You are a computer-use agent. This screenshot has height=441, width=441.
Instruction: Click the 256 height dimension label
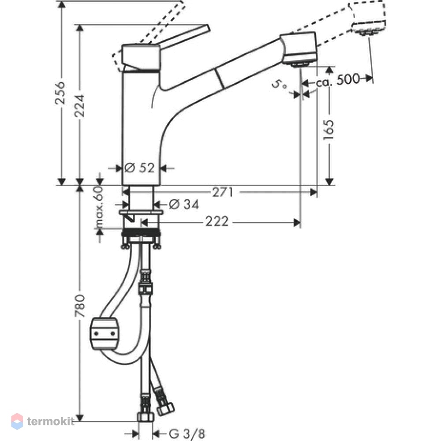(x=60, y=93)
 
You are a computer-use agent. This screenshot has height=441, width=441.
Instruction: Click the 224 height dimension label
(x=79, y=106)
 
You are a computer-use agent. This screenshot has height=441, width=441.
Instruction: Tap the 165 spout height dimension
(x=329, y=130)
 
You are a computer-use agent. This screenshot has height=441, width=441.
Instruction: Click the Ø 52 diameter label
(x=139, y=168)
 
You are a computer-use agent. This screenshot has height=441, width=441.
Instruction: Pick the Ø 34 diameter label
(x=184, y=204)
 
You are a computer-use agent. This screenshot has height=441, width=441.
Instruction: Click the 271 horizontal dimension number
(x=222, y=192)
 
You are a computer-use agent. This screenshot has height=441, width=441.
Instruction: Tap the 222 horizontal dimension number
(x=217, y=222)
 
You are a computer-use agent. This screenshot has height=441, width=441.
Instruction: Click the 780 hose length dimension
(x=80, y=306)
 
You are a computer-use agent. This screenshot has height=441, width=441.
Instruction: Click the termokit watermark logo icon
(x=17, y=421)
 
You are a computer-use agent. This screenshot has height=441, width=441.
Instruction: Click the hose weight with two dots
(x=104, y=333)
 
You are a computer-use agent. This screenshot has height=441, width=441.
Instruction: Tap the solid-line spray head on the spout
(x=299, y=49)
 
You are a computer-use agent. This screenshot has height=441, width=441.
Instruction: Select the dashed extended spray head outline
(x=367, y=18)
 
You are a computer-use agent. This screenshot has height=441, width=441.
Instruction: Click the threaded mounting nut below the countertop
(x=141, y=233)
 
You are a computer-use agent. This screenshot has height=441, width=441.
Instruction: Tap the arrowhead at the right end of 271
(x=313, y=192)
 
